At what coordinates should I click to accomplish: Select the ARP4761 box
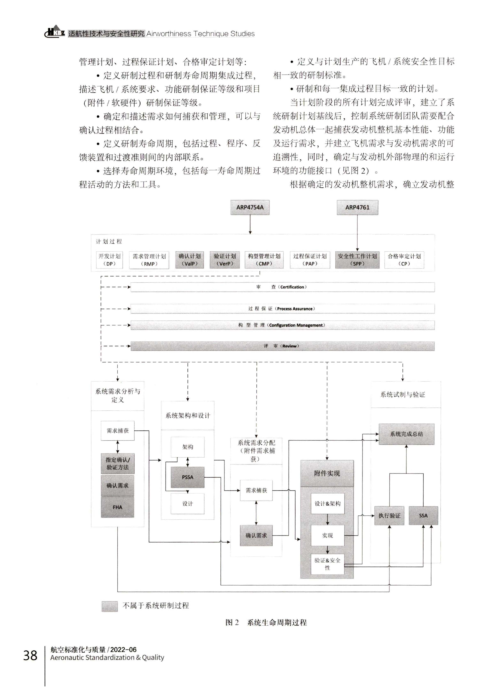(357, 207)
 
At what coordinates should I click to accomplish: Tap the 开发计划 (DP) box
(109, 260)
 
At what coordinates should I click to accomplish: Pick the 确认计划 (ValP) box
(189, 260)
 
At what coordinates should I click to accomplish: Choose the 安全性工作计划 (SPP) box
(357, 260)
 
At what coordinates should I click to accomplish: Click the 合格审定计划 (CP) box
(404, 260)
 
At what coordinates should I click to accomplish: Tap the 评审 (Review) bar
(282, 346)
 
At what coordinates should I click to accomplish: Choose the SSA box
(423, 515)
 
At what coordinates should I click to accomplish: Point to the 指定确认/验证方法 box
(117, 463)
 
